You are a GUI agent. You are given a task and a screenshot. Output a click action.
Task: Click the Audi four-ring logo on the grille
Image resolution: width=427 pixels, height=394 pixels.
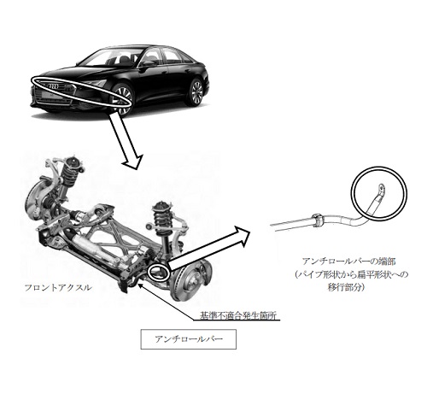(x=53, y=86)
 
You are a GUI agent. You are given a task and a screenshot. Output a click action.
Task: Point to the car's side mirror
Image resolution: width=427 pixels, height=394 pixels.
(x=148, y=62)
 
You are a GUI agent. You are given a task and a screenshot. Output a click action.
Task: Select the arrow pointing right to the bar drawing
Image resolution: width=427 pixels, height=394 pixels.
(x=208, y=249)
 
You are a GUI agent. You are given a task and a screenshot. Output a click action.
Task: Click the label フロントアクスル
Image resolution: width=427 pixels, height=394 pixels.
(x=58, y=287)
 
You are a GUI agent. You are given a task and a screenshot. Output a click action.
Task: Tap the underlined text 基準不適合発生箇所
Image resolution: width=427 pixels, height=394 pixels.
(x=238, y=315)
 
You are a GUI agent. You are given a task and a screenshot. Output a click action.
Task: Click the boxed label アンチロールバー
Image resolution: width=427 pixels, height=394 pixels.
(x=189, y=339)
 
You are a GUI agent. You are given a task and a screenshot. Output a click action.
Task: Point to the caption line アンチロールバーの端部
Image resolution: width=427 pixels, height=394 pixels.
(x=349, y=262)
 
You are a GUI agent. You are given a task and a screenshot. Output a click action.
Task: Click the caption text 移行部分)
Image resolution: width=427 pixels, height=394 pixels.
(x=347, y=287)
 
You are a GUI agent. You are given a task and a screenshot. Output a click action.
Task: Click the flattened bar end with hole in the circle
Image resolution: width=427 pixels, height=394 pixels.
(x=381, y=191)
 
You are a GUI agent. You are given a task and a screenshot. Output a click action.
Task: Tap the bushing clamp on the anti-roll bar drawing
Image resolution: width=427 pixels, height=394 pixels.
(x=318, y=221)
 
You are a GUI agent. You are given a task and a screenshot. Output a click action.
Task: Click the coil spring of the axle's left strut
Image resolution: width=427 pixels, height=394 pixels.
(x=69, y=174)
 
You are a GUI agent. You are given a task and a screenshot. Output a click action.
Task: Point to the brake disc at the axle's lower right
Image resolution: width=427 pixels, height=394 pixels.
(x=187, y=279)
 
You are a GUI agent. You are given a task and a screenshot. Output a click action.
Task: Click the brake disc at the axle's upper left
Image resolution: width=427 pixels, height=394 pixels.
(x=35, y=201)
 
